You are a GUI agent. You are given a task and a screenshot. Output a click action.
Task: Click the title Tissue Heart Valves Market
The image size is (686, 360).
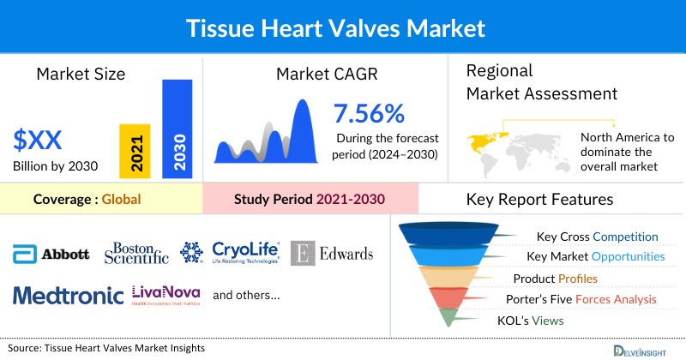click(x=343, y=27)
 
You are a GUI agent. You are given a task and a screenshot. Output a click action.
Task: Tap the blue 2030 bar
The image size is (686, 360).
click(x=178, y=129)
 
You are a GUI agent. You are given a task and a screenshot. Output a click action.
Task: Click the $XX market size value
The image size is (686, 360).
click(x=38, y=138)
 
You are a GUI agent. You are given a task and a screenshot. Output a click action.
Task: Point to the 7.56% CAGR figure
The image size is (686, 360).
click(x=370, y=113)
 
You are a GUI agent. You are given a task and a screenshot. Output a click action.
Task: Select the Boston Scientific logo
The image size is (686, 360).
click(x=136, y=252)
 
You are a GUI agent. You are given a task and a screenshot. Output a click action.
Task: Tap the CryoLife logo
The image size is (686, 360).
click(x=229, y=252)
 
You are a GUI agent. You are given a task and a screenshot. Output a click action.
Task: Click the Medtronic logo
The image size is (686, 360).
click(x=69, y=296)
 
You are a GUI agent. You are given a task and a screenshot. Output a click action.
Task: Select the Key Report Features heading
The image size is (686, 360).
click(x=539, y=200)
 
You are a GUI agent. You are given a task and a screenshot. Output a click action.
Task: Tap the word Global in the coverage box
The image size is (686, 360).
click(x=121, y=200)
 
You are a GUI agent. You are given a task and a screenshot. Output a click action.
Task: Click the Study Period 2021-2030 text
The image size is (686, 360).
click(x=310, y=200)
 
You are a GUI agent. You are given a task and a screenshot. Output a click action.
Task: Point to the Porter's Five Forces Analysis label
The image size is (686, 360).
click(x=582, y=299)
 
